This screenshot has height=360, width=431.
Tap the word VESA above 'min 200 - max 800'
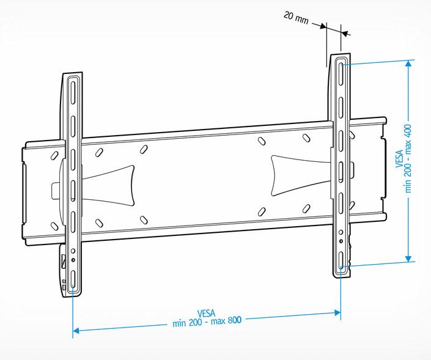click(x=206, y=314)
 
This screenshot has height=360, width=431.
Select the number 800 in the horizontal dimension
click(x=235, y=320)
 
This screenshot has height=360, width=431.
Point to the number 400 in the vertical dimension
click(x=408, y=133)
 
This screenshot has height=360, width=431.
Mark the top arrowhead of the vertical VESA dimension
click(x=409, y=64)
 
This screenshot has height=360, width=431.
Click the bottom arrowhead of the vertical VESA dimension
click(x=408, y=259)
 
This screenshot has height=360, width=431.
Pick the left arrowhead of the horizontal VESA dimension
click(x=76, y=330)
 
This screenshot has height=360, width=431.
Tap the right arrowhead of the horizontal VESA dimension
click(x=337, y=312)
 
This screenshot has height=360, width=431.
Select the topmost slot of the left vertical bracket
click(x=73, y=93)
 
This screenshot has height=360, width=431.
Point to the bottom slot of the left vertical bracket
click(x=73, y=279)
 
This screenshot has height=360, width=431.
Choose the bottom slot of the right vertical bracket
click(x=341, y=261)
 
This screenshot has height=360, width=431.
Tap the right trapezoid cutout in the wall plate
click(x=301, y=175)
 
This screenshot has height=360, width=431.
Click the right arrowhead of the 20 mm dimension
click(x=344, y=34)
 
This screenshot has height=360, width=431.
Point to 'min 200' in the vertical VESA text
click(x=408, y=179)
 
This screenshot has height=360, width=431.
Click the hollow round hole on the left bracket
click(x=73, y=251)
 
